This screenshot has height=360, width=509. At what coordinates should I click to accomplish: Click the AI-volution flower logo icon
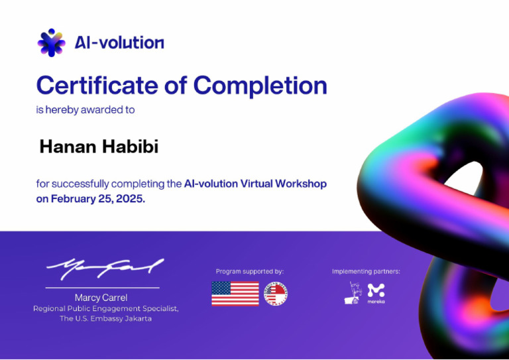pos(51,42)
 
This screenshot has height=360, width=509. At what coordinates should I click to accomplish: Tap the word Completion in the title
pos(260,86)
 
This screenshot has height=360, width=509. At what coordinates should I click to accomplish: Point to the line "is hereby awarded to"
pos(85,110)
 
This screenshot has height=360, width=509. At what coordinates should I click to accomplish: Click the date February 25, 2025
pos(97,198)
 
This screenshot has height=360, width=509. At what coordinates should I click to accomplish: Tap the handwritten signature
pos(104,268)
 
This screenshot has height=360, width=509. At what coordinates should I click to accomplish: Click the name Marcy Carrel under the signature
pos(101,298)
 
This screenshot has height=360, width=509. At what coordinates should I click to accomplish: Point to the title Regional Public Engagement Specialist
pos(105,308)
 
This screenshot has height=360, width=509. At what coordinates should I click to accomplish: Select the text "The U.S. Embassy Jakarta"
pos(105,319)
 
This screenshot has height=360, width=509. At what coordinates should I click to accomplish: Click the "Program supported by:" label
pos(249,271)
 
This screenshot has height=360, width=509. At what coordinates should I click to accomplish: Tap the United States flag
pos(235,294)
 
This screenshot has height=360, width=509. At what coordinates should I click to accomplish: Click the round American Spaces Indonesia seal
pos(276,294)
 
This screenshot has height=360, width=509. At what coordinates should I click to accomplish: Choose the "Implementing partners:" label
pos(366,271)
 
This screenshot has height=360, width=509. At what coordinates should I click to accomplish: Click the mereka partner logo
pos(376,292)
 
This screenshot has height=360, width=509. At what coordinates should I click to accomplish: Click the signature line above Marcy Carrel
pos(102,288)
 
